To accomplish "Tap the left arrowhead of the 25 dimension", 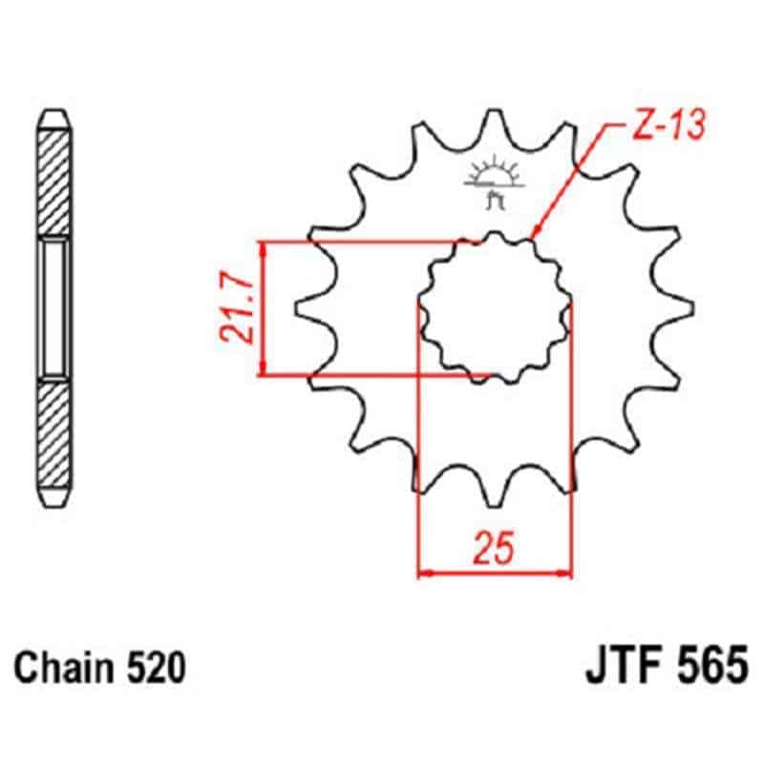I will coord(426,574).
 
